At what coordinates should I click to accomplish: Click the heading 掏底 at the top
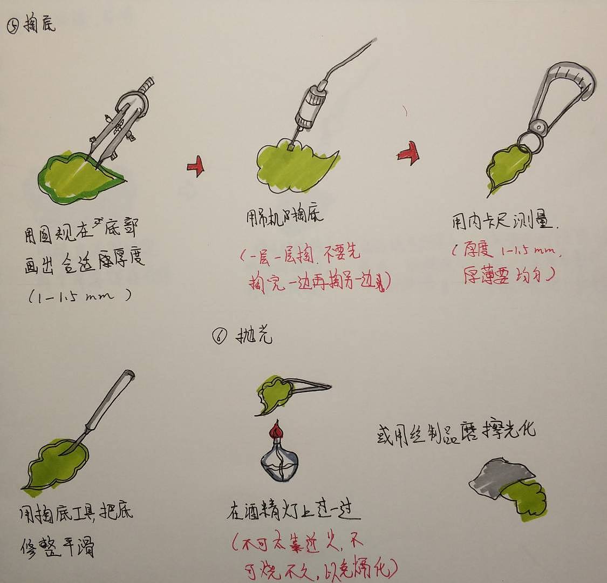pos(39,25)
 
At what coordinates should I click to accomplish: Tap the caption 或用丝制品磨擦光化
pos(456,432)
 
